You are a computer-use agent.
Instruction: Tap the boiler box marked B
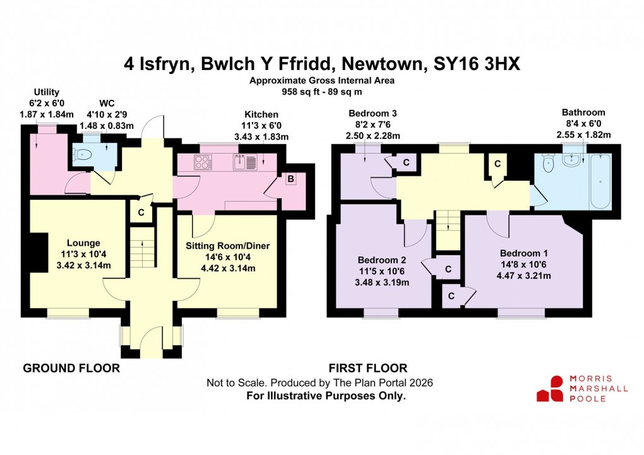tap(290, 178)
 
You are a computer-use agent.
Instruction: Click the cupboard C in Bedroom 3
tap(406, 162)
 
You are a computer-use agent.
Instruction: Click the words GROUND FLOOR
tap(71, 368)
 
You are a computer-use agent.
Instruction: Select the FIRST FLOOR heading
tap(368, 368)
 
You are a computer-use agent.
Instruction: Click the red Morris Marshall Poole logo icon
tap(550, 388)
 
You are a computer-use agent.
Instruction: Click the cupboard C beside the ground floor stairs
tap(141, 212)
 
